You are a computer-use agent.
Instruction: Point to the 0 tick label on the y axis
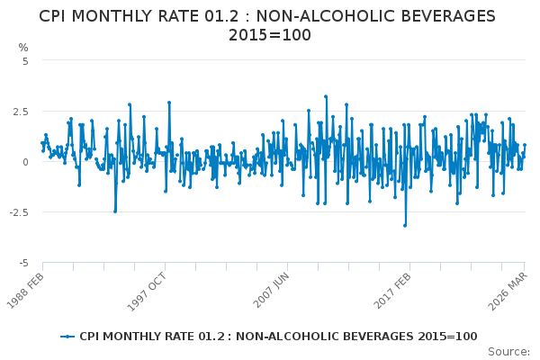[x=25, y=162]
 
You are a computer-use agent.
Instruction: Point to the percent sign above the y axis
[x=23, y=47]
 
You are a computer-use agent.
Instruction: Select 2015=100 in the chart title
[x=270, y=35]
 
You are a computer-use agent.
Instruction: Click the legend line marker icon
[x=67, y=337]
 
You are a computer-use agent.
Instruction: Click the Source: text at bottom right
[x=510, y=351]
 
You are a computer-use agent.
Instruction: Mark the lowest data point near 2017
[x=405, y=225]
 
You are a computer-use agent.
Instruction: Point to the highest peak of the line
[x=326, y=96]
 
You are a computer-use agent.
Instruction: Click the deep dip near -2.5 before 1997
[x=115, y=211]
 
